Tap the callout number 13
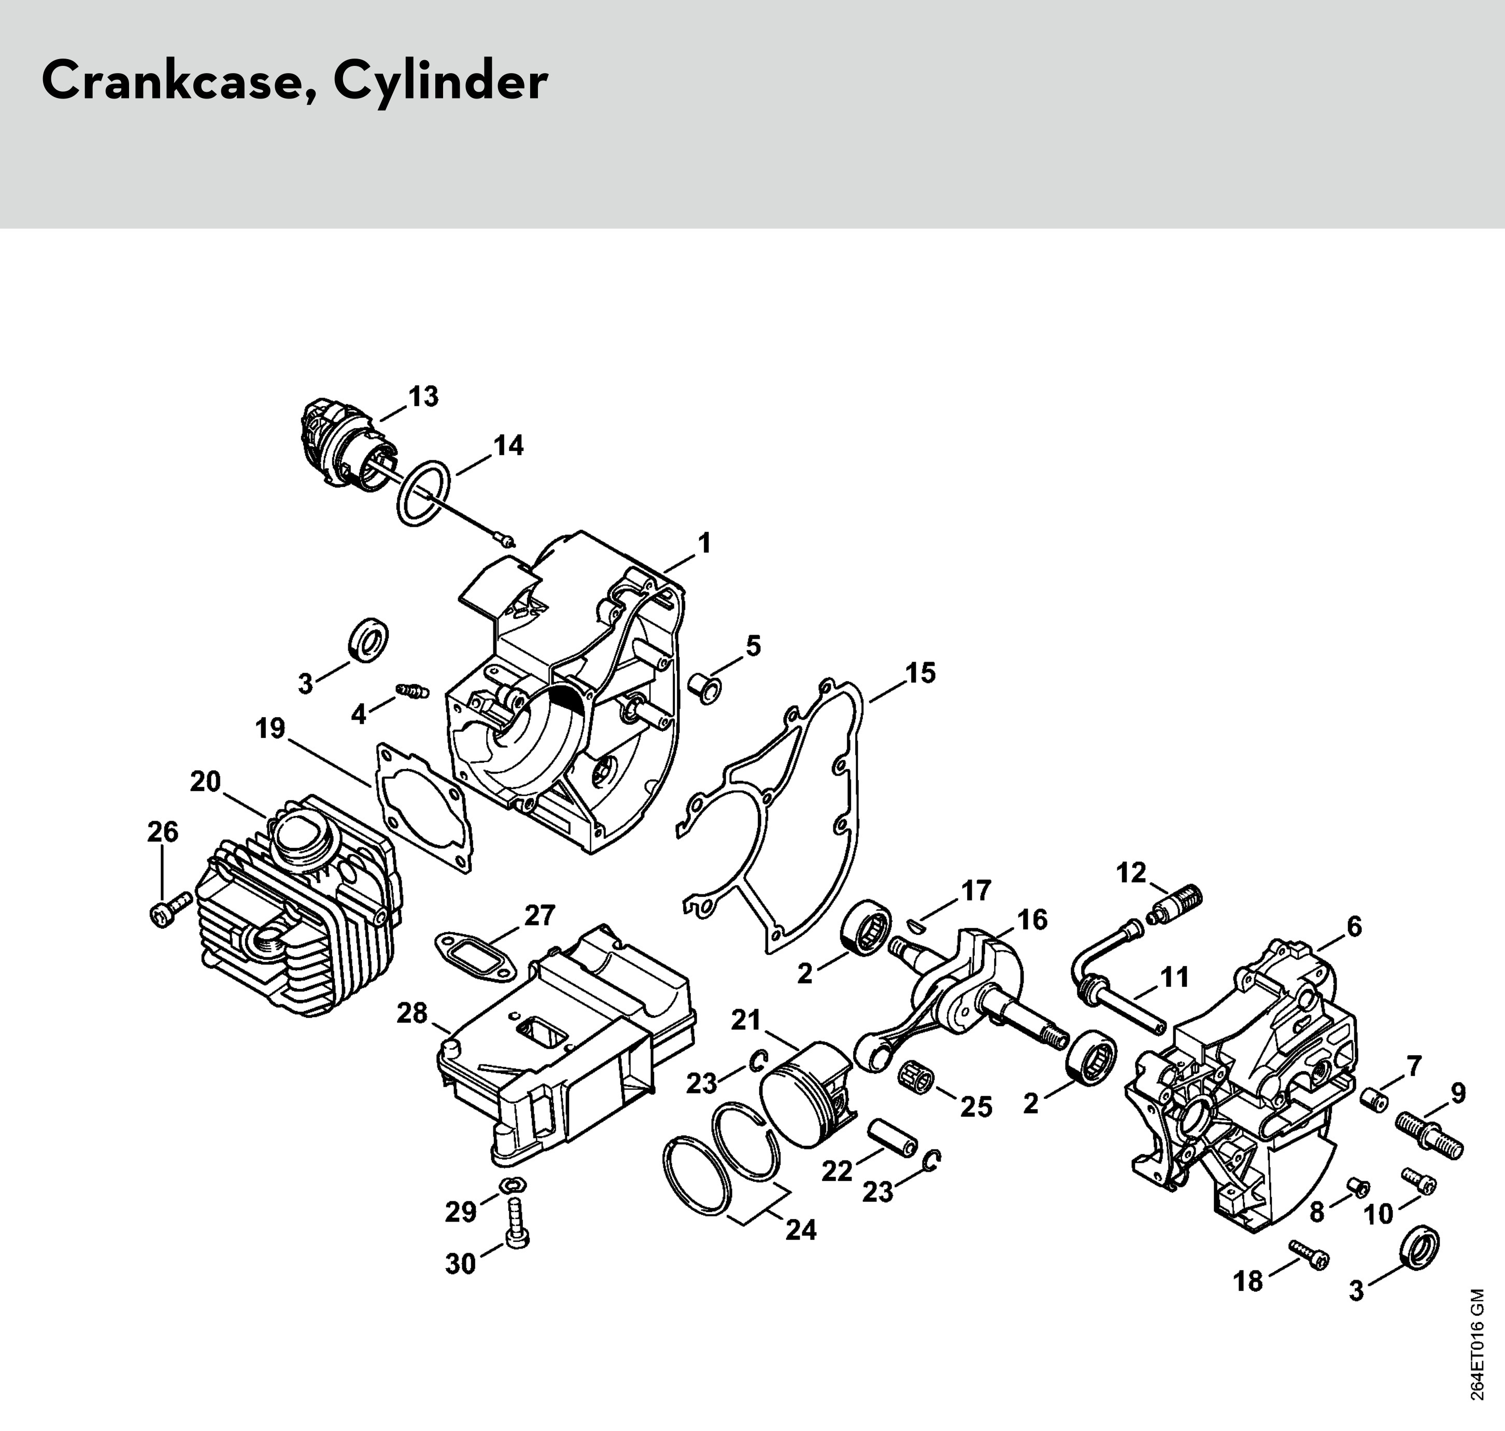423,397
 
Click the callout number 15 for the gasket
920,674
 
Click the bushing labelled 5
705,689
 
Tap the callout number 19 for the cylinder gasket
270,728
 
